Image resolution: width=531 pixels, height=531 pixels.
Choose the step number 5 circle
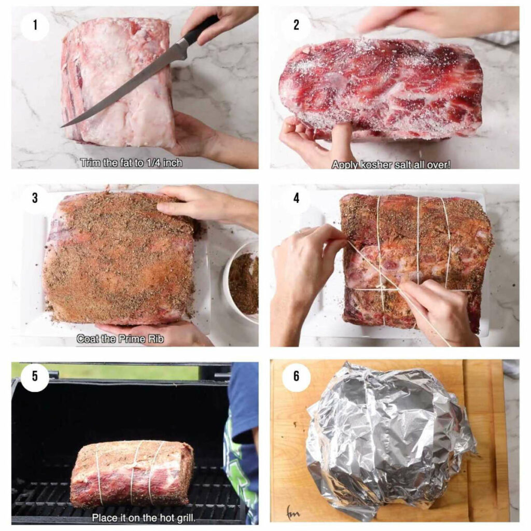pos(35,376)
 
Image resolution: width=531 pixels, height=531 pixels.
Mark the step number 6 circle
pos(296,376)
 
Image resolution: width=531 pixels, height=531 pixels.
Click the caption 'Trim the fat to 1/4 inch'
pos(131,162)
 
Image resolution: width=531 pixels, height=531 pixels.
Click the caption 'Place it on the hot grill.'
pos(143,517)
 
